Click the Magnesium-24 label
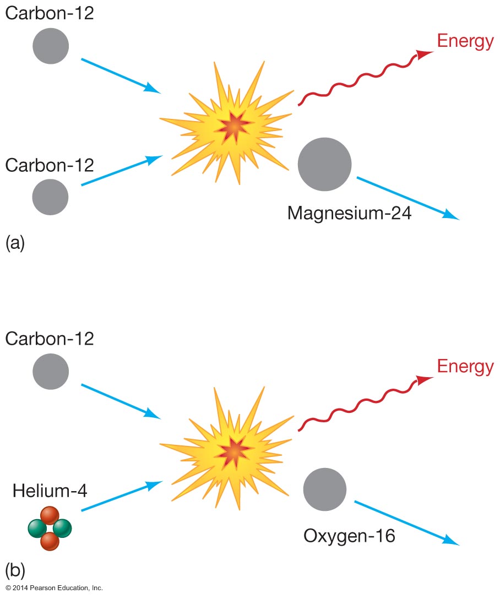pyautogui.click(x=349, y=213)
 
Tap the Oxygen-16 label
pyautogui.click(x=349, y=535)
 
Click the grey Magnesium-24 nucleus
pyautogui.click(x=324, y=164)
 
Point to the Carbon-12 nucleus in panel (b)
pyautogui.click(x=51, y=372)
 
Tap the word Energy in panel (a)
pyautogui.click(x=465, y=42)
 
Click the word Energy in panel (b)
pyautogui.click(x=465, y=366)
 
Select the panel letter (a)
pyautogui.click(x=15, y=243)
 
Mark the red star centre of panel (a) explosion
pyautogui.click(x=233, y=127)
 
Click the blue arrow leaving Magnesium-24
pyautogui.click(x=407, y=198)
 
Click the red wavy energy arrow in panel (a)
pyautogui.click(x=363, y=77)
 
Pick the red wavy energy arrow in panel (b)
pyautogui.click(x=363, y=402)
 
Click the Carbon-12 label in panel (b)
pyautogui.click(x=50, y=337)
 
